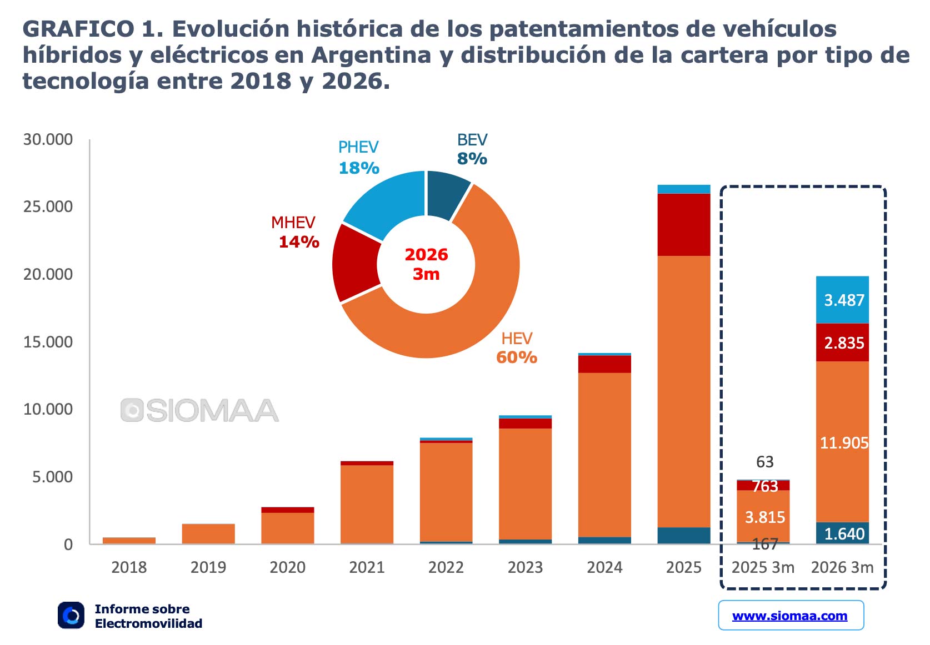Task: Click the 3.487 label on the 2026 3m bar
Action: (x=844, y=300)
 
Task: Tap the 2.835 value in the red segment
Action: (x=844, y=343)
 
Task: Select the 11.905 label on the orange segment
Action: (x=844, y=443)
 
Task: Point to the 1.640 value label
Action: (x=844, y=534)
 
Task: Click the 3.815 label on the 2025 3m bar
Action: (x=764, y=517)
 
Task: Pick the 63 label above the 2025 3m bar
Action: (x=764, y=462)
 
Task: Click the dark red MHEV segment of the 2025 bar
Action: (x=683, y=224)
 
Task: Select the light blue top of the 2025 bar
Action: (x=683, y=189)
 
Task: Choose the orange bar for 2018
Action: (x=129, y=540)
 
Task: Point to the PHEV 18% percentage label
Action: (x=359, y=168)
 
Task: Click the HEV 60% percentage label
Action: (x=517, y=357)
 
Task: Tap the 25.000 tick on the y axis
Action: (x=48, y=206)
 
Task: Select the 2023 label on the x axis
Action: (x=525, y=567)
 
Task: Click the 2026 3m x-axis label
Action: (x=842, y=567)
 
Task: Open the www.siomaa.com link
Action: (x=790, y=616)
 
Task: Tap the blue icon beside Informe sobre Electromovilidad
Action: (x=71, y=616)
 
